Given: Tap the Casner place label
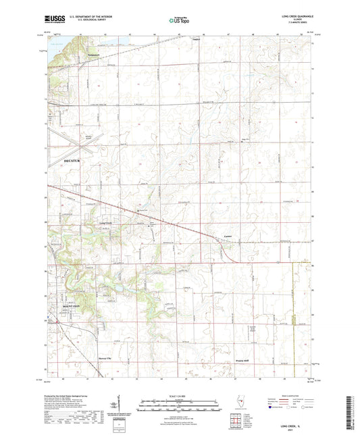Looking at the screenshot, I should click(228, 236).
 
